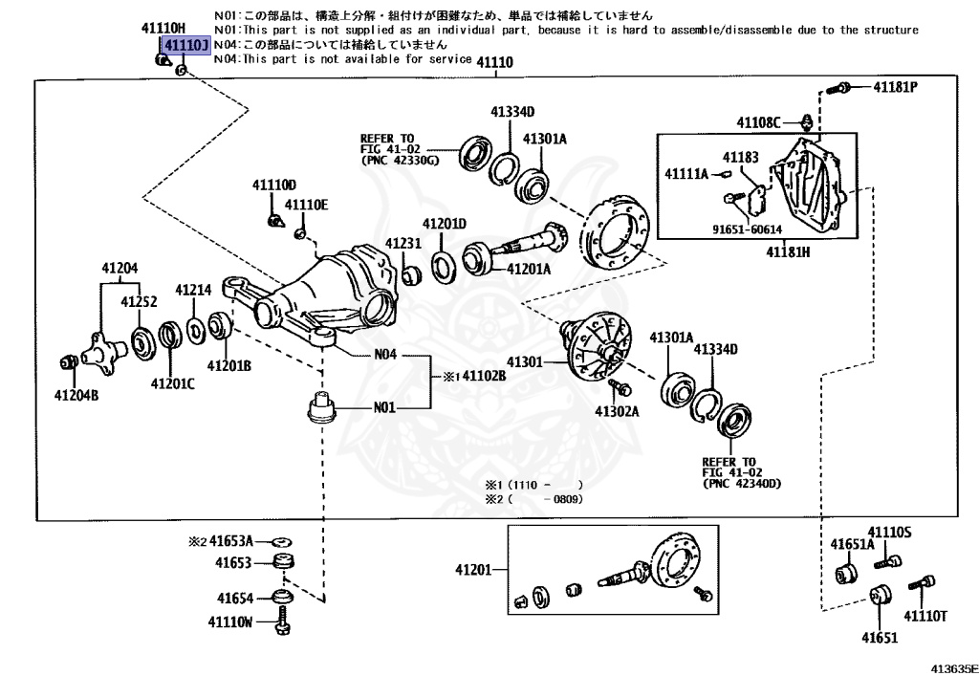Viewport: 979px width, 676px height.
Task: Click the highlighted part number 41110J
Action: click(185, 46)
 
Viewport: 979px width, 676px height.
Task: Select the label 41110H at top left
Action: click(164, 30)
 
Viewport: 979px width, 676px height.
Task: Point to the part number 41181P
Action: click(895, 87)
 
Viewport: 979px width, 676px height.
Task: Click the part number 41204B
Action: click(76, 394)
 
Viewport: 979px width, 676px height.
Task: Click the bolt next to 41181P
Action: click(838, 88)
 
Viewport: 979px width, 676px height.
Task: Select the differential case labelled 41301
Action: click(598, 346)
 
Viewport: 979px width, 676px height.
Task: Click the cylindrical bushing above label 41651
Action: click(880, 595)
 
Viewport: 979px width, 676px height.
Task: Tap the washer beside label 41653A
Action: click(281, 541)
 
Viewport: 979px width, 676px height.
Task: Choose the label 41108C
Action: click(759, 121)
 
